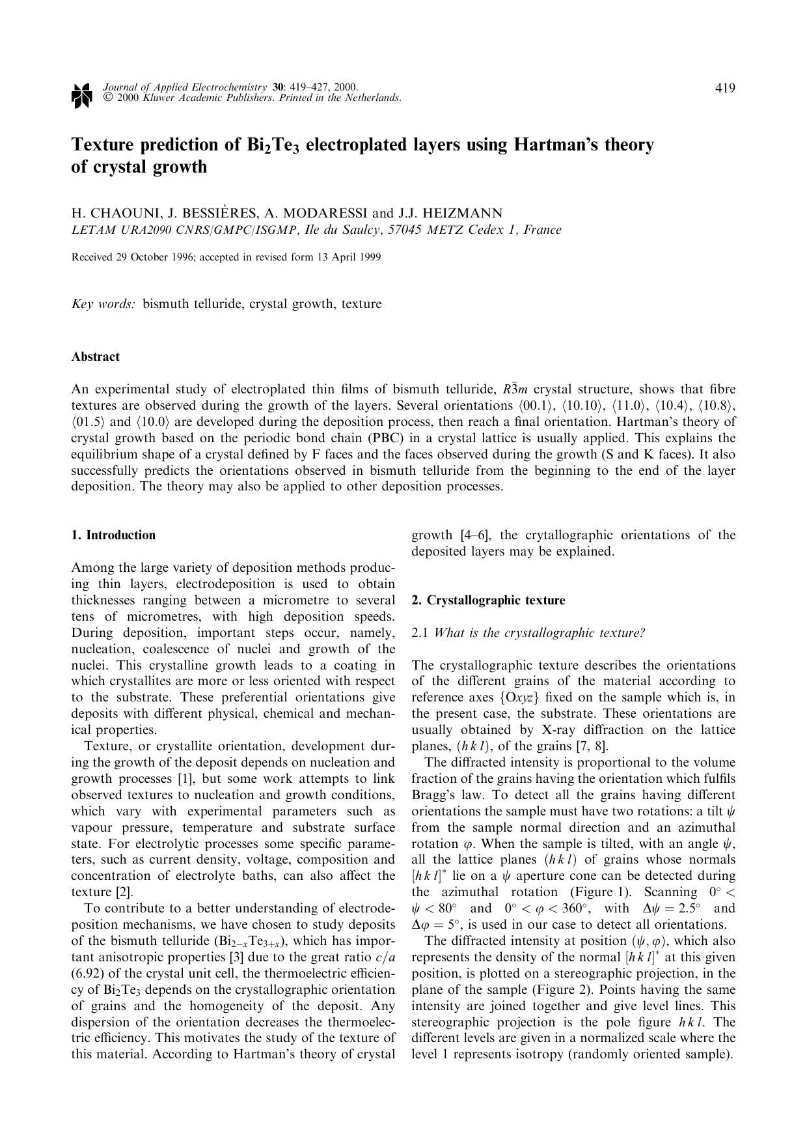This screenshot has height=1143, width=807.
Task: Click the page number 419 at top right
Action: point(725,88)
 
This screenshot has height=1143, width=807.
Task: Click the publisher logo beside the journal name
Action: point(81,94)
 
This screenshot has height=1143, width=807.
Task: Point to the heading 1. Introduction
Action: point(113,535)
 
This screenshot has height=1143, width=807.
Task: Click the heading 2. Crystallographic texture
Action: point(488,600)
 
